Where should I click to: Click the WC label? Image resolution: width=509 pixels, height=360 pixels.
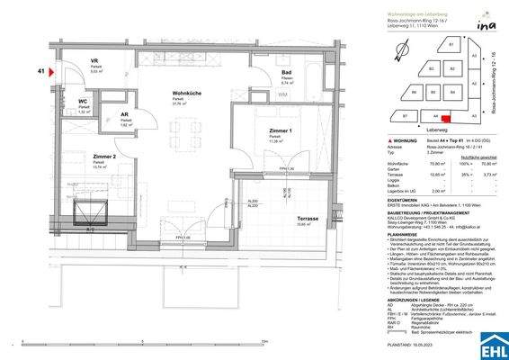84,101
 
